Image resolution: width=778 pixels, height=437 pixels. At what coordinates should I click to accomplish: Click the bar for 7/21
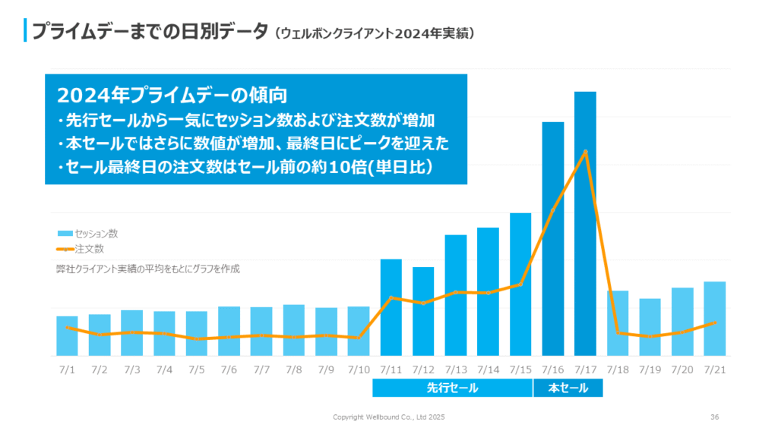714,319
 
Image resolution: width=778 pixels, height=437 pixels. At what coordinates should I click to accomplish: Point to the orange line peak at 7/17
586,151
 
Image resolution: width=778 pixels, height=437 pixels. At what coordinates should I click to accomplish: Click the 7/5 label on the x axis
196,369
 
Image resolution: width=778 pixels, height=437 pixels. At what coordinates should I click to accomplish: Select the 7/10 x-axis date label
359,369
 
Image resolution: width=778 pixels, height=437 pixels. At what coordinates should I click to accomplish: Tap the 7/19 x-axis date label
650,369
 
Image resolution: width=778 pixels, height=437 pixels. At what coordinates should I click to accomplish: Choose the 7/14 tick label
488,369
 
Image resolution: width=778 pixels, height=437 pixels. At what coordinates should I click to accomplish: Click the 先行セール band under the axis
452,388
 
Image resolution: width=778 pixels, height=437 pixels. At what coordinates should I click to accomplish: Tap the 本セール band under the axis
568,388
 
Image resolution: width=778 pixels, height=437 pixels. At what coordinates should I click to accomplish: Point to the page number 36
714,417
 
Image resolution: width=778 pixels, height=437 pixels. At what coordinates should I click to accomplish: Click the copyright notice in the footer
389,417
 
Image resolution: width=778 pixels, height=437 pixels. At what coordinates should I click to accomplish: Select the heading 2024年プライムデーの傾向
171,96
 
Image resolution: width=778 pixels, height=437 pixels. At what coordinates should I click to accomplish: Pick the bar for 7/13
456,295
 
